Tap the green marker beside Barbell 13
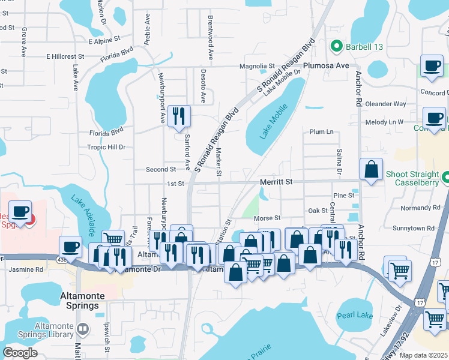[x=336, y=46]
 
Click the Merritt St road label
[x=276, y=181]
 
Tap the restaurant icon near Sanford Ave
[x=178, y=116]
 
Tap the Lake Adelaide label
[x=83, y=215]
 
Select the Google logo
[x=20, y=353]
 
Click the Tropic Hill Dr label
[x=105, y=147]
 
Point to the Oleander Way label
[x=386, y=104]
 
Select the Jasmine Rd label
[x=26, y=270]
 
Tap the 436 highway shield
[x=46, y=257]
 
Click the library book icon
[x=82, y=329]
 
